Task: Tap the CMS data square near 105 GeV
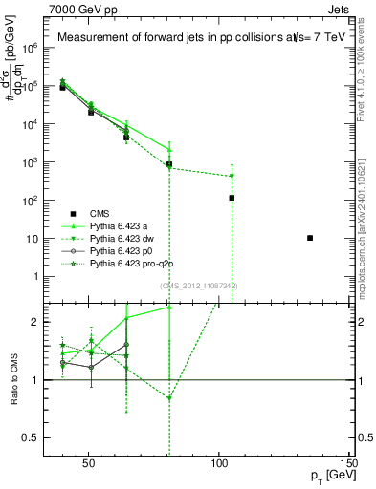point(232,198)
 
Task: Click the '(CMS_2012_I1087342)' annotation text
point(199,286)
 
